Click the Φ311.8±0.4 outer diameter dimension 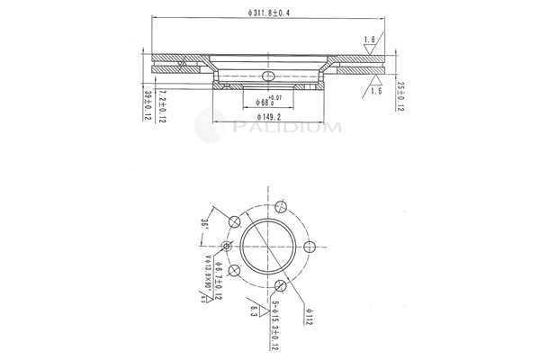tap(269, 12)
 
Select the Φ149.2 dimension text tap(270, 116)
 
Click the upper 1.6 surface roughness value tap(370, 40)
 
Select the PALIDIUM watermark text tap(285, 128)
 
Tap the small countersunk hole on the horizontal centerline tap(228, 246)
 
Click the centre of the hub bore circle tap(269, 246)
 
